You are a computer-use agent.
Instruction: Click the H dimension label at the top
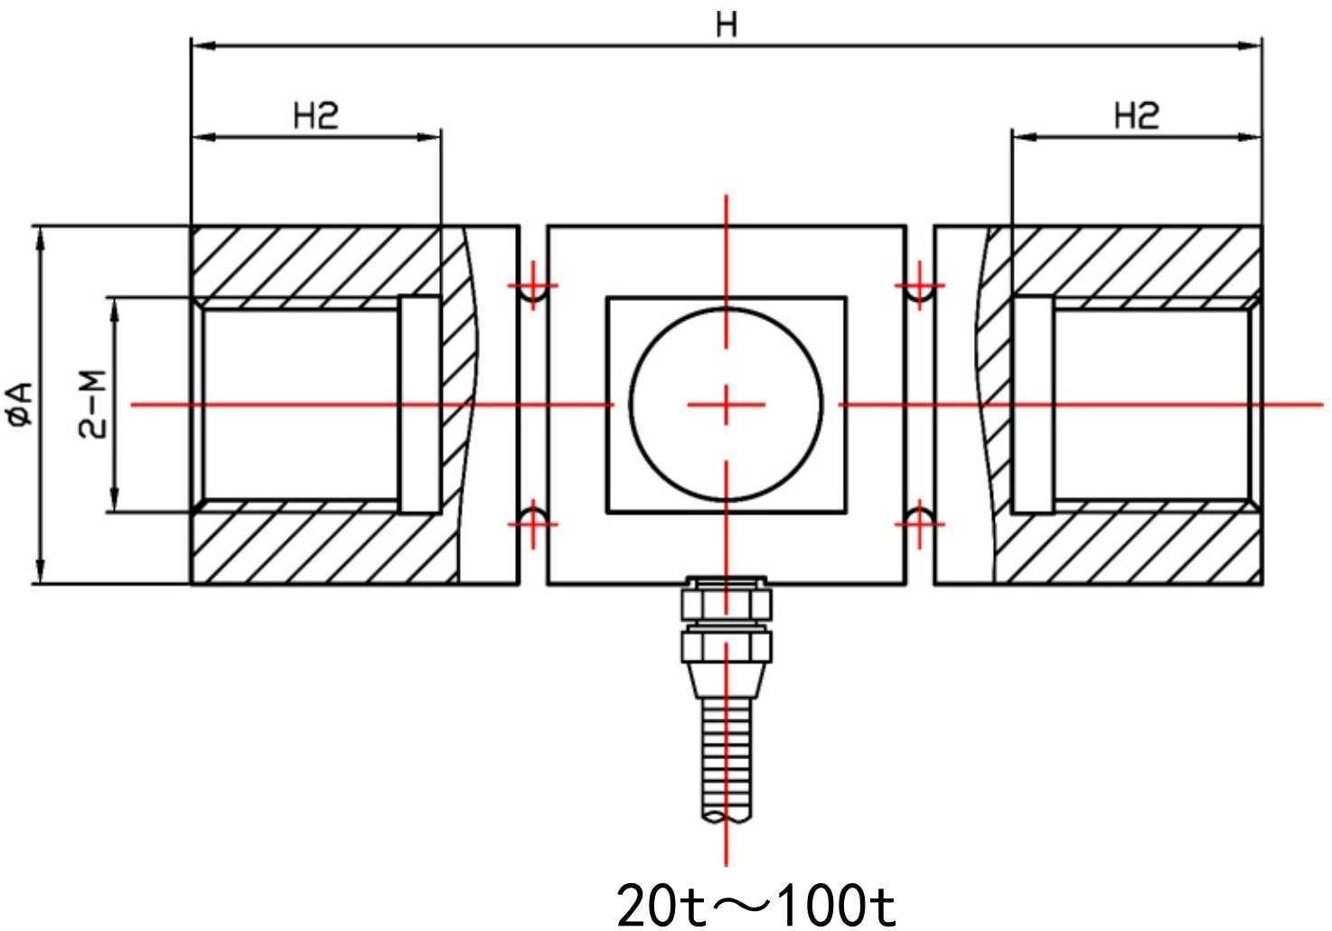pos(727,24)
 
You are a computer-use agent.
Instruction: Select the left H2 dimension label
pos(315,116)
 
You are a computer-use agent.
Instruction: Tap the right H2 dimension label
pos(1136,116)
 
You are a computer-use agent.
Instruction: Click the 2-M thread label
pos(92,404)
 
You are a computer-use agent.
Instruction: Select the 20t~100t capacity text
pos(755,905)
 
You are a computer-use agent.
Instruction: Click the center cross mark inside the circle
pos(727,404)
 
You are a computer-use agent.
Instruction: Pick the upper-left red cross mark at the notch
pos(533,286)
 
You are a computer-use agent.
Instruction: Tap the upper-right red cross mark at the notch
pos(919,286)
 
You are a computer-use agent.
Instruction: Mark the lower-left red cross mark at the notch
pos(533,523)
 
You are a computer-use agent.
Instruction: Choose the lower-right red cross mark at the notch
pos(919,523)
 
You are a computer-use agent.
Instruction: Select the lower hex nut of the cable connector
pos(727,646)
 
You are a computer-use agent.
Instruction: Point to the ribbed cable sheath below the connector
pos(727,759)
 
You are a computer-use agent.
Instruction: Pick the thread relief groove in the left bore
pos(420,404)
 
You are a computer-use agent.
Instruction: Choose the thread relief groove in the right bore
pos(1033,404)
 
